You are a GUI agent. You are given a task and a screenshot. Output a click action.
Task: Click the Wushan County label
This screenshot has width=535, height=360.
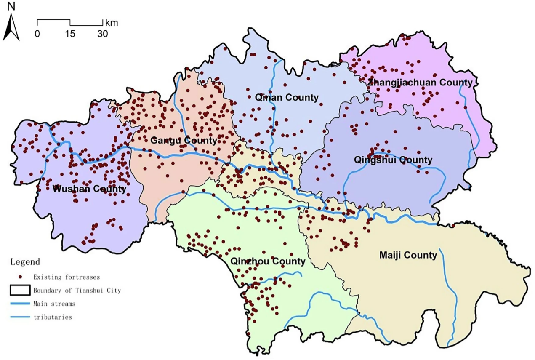(90, 189)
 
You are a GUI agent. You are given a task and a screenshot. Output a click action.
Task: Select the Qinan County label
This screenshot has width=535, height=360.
(287, 98)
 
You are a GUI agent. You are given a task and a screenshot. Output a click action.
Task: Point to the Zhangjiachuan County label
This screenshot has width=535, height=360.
(420, 83)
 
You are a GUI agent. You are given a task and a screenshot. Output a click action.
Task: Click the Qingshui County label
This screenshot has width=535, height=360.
(393, 160)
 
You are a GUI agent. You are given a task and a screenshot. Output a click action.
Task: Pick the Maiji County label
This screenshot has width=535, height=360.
(408, 255)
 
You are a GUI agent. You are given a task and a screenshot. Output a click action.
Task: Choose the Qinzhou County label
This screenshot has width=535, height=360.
(268, 261)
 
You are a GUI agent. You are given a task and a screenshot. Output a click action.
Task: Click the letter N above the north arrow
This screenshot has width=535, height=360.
(11, 7)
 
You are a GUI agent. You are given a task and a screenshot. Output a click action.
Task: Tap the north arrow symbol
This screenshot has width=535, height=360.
(11, 29)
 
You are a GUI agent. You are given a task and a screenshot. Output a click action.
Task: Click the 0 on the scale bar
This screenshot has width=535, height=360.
(37, 34)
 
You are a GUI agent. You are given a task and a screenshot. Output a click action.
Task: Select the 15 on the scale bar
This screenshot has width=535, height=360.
(70, 34)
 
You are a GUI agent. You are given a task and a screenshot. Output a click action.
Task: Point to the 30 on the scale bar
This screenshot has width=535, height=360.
(103, 34)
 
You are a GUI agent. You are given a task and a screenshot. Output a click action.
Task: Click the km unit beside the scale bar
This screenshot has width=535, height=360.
(112, 23)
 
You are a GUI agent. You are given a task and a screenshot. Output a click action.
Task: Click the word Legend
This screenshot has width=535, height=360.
(25, 262)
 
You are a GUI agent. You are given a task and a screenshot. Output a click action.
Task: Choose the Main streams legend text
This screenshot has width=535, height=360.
(54, 304)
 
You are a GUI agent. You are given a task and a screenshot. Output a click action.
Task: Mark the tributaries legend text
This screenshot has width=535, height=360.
(53, 317)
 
